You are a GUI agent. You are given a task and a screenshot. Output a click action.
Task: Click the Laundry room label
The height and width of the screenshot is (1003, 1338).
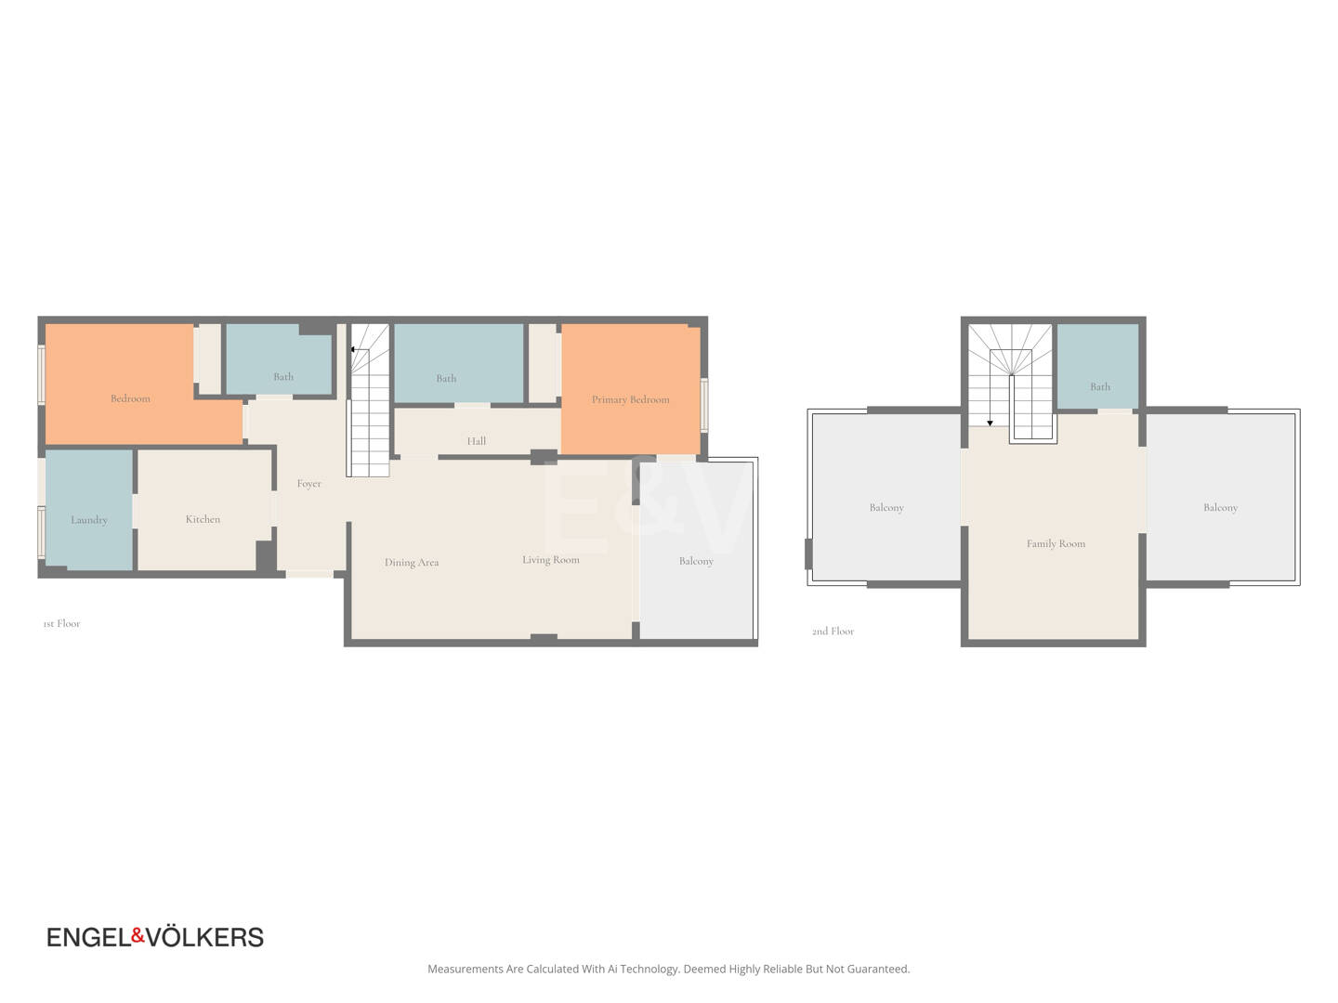click(89, 520)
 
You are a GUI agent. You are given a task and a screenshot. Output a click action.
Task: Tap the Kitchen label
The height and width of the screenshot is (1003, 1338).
click(203, 519)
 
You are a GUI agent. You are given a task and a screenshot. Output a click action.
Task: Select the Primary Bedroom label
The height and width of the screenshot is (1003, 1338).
click(630, 400)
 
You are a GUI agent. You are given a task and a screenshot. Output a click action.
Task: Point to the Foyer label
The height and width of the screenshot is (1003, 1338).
click(309, 484)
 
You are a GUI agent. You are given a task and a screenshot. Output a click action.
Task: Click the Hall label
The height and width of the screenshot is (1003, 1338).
click(477, 441)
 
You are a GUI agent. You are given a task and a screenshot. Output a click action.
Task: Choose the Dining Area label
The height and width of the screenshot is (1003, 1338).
click(412, 563)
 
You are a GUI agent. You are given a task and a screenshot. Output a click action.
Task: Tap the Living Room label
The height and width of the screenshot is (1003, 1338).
click(550, 560)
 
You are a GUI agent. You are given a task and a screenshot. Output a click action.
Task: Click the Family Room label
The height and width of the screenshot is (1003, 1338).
click(1056, 544)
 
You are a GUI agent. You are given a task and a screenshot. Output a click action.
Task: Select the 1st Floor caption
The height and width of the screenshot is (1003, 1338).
click(61, 623)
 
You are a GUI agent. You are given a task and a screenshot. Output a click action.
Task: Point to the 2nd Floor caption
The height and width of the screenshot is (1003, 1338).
click(833, 632)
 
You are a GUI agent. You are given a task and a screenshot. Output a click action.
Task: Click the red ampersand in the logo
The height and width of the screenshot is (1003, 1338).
click(138, 935)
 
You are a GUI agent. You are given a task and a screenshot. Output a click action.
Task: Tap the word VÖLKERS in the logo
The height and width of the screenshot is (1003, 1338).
click(204, 937)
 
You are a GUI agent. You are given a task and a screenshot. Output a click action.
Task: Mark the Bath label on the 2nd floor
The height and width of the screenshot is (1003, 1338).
click(1100, 386)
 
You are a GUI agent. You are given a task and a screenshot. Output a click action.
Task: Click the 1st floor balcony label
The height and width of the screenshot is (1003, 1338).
click(696, 562)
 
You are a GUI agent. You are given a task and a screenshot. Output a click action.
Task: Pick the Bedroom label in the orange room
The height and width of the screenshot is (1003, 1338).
click(130, 399)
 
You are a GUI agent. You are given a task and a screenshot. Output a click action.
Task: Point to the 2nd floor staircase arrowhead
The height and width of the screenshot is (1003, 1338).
click(990, 423)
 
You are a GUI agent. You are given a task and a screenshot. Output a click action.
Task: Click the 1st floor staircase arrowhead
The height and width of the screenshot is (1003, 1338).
click(353, 349)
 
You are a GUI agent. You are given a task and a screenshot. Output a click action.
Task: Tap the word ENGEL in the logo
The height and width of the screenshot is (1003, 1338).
click(89, 937)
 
